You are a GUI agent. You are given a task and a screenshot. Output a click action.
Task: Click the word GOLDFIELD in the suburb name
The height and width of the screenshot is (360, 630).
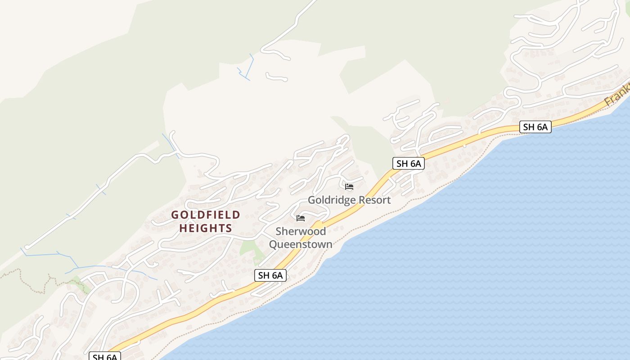tap(206, 215)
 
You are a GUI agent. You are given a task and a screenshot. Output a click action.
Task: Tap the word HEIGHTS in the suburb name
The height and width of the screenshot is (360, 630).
tap(206, 228)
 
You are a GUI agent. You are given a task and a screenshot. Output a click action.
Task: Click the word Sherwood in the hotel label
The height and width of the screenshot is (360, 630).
tap(301, 231)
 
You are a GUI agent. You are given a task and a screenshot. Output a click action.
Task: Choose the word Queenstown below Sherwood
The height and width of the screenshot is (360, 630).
tap(301, 244)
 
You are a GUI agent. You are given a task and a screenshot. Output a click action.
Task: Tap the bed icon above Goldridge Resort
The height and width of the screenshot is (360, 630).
tap(349, 186)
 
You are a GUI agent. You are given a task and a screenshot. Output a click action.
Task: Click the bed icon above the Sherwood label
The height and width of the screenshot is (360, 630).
tap(301, 218)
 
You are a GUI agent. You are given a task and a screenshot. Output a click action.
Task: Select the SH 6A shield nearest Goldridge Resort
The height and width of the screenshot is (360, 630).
tap(408, 163)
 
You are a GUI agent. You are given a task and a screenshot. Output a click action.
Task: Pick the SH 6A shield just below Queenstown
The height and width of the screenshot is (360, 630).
tap(270, 275)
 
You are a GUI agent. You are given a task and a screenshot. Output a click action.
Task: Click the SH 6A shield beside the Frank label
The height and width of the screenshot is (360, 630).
tap(535, 127)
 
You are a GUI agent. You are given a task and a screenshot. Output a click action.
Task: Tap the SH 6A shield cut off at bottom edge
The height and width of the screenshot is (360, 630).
tap(105, 357)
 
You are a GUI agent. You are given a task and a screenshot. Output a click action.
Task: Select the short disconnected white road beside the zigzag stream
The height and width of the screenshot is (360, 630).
tap(276, 78)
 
